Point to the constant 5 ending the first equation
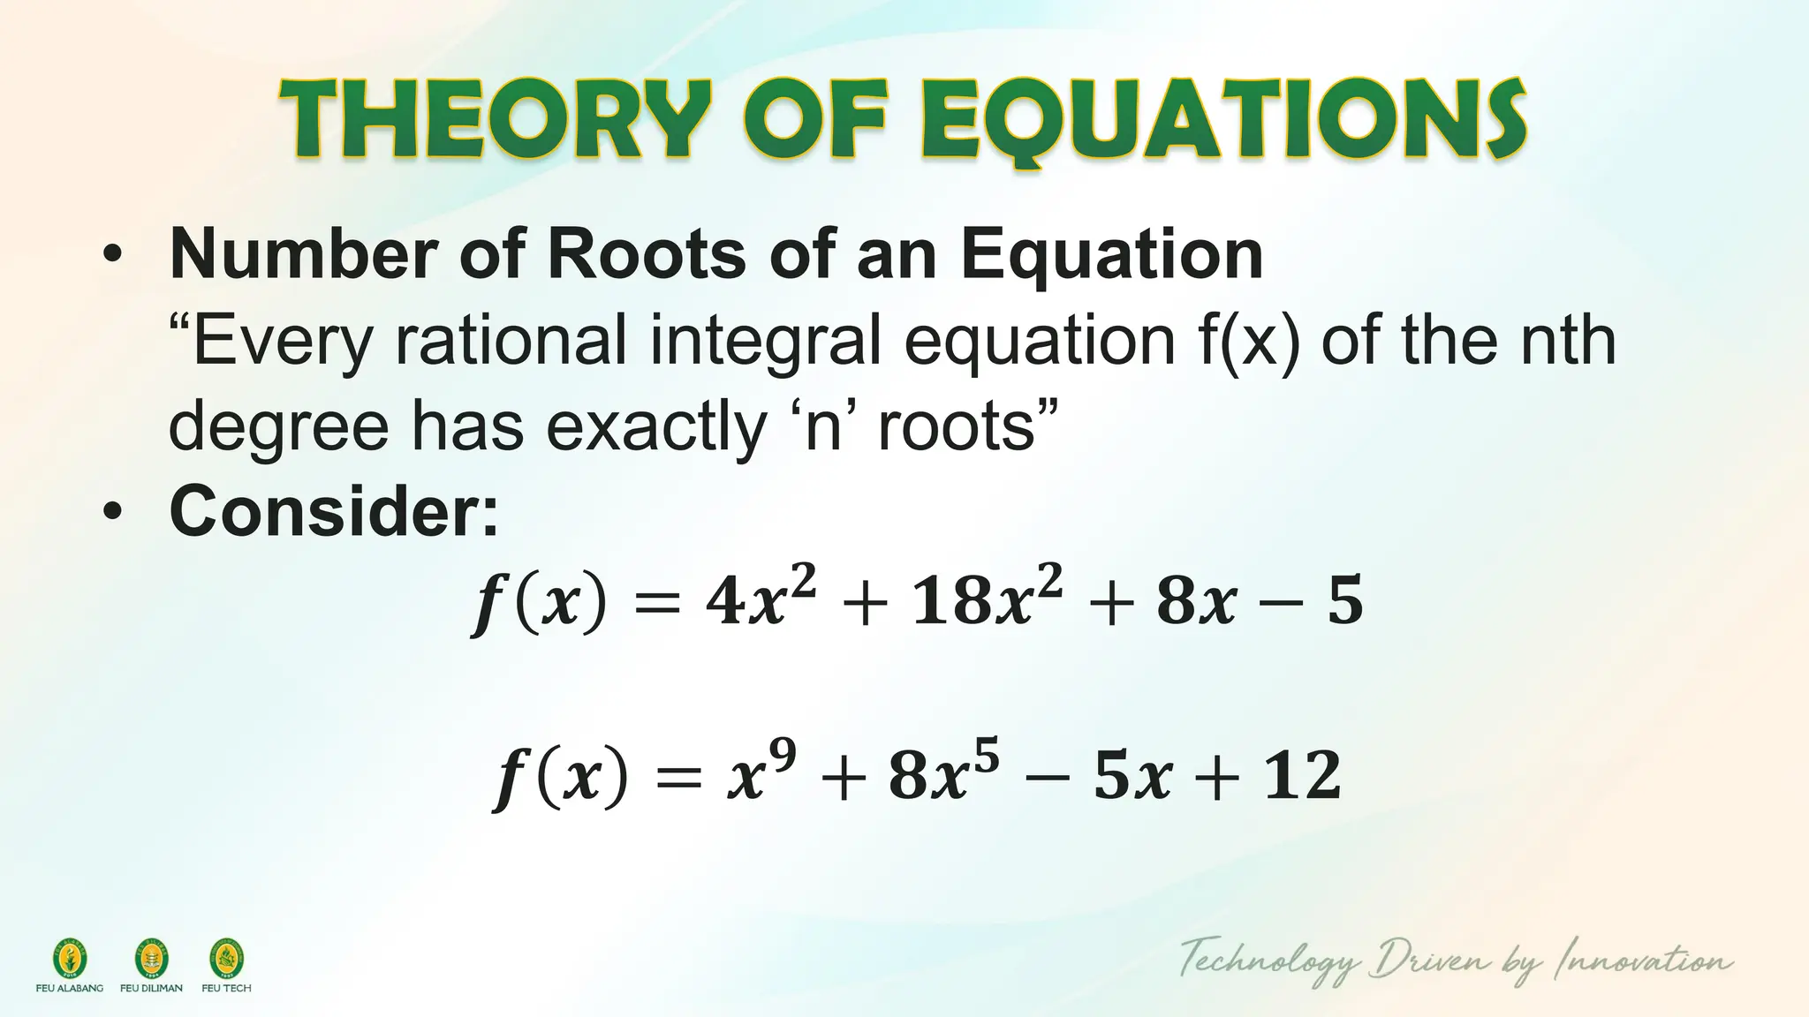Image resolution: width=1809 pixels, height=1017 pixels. coord(1345,601)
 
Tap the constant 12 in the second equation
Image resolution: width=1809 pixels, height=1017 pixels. coord(1303,776)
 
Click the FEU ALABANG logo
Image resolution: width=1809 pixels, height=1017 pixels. coord(70,959)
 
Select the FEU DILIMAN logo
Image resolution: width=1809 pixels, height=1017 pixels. coord(151,959)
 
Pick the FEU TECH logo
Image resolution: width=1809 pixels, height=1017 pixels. coord(226,959)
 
